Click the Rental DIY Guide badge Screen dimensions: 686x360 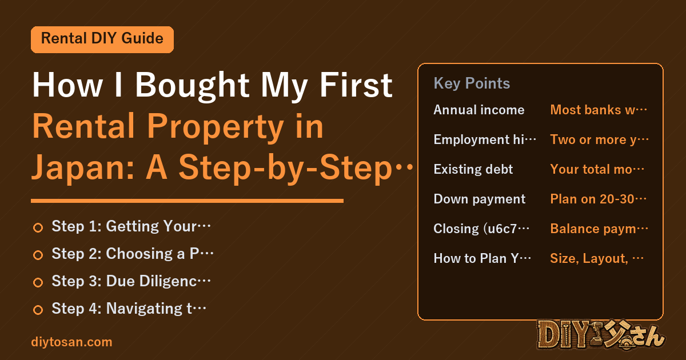pyautogui.click(x=102, y=39)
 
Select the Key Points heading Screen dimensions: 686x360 pyautogui.click(x=472, y=83)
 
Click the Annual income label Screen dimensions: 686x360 pyautogui.click(x=479, y=110)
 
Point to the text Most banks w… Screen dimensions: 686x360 pyautogui.click(x=599, y=110)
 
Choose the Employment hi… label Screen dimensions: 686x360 pyautogui.click(x=485, y=140)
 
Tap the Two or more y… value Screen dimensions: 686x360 pyautogui.click(x=599, y=140)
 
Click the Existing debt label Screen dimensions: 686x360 pyautogui.click(x=473, y=169)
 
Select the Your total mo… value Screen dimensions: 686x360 pyautogui.click(x=597, y=169)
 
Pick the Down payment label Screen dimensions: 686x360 pyautogui.click(x=480, y=199)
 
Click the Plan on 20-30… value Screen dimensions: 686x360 pyautogui.click(x=599, y=199)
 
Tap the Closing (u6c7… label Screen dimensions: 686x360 pyautogui.click(x=481, y=229)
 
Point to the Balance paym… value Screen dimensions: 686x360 pyautogui.click(x=599, y=229)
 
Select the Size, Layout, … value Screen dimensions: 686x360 pyautogui.click(x=597, y=259)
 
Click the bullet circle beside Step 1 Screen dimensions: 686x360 pyautogui.click(x=38, y=228)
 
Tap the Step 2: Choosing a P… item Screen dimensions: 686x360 pyautogui.click(x=133, y=254)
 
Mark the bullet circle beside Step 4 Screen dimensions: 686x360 pyautogui.click(x=38, y=310)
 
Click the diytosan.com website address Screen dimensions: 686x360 pyautogui.click(x=71, y=342)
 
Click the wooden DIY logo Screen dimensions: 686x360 pyautogui.click(x=601, y=335)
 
